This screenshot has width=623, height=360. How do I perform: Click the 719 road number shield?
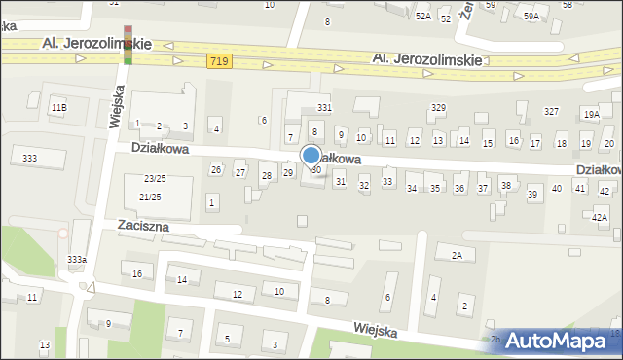click(x=219, y=61)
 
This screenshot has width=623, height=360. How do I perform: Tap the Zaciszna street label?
click(x=142, y=226)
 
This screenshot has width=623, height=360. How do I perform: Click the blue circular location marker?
click(x=311, y=155)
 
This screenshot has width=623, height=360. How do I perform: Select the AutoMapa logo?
click(x=556, y=342)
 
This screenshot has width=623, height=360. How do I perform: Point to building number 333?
click(x=30, y=158)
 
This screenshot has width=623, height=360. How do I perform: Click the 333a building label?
click(x=77, y=259)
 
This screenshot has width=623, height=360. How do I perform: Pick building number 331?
click(x=324, y=107)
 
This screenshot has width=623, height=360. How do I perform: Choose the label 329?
click(x=438, y=107)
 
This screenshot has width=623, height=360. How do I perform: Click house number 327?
click(x=551, y=112)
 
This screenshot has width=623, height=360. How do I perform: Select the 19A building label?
click(x=591, y=114)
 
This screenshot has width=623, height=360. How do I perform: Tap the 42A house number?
click(x=601, y=218)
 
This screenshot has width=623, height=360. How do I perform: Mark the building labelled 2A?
click(x=456, y=255)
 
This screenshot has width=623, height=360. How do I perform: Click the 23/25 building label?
click(x=154, y=179)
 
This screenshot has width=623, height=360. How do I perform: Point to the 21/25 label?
click(x=150, y=198)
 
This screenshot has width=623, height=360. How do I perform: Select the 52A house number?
click(x=422, y=17)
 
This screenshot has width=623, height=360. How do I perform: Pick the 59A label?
click(x=531, y=17)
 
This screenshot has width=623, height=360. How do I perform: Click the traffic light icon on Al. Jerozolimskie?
click(x=128, y=43)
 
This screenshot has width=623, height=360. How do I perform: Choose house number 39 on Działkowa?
click(x=532, y=195)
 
